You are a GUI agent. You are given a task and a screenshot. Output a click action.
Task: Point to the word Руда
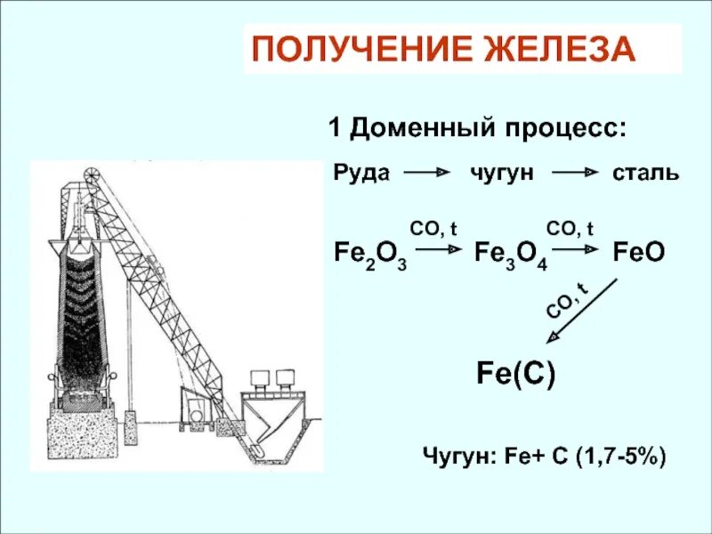[361, 172]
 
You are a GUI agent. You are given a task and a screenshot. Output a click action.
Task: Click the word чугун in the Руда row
[502, 172]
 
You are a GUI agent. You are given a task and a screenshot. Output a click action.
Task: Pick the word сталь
[645, 172]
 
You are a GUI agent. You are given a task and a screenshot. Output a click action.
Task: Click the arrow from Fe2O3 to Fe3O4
[440, 252]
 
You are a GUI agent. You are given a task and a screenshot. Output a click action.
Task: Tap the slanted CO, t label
[565, 300]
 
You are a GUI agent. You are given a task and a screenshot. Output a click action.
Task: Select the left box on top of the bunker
[260, 379]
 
